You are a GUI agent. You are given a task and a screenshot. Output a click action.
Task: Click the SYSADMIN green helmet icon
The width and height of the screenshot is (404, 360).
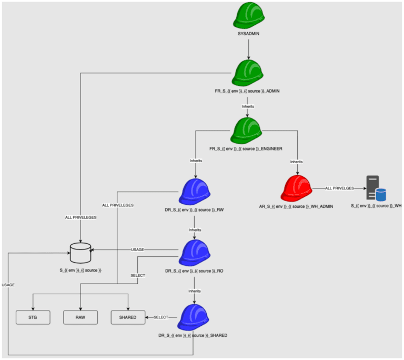click(x=249, y=16)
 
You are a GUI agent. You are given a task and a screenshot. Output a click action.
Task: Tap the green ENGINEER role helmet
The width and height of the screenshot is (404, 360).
click(x=246, y=131)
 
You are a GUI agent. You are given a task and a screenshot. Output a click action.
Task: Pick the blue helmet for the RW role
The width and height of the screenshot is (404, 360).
click(x=195, y=192)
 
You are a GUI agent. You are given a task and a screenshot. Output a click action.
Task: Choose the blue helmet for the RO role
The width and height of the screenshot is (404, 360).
click(x=195, y=253)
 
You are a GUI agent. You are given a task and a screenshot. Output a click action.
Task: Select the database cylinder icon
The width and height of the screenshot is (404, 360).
click(x=80, y=253)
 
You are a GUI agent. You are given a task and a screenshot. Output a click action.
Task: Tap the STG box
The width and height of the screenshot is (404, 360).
click(x=33, y=317)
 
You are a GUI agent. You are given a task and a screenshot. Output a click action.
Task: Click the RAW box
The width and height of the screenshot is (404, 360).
click(x=80, y=317)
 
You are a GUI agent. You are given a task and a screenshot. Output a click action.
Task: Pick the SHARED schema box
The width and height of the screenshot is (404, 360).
click(x=128, y=317)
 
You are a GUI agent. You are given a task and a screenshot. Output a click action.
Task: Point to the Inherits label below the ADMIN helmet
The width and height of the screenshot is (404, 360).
click(x=248, y=106)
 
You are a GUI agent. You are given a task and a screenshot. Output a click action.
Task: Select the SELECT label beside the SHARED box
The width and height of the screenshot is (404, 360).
click(x=160, y=317)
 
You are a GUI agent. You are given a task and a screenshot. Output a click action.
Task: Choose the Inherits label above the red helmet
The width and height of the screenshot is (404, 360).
click(x=297, y=161)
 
